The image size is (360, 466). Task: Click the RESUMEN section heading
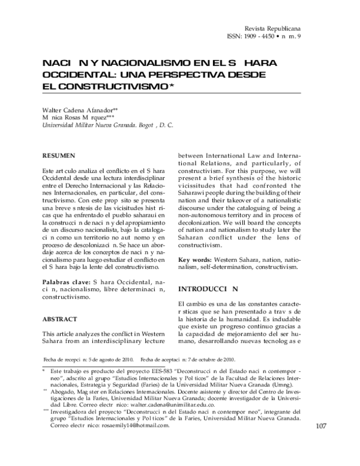(59, 156)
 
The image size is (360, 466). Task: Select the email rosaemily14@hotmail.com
(136, 441)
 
